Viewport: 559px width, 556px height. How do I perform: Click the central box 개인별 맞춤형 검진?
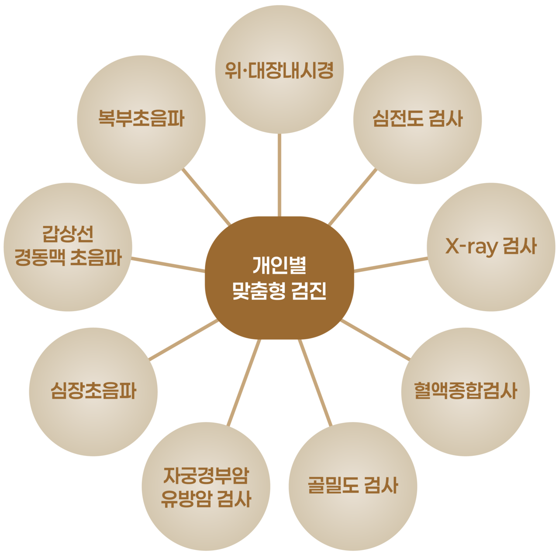279,278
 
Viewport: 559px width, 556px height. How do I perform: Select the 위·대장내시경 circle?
279,70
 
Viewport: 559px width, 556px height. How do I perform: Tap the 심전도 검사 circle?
418,119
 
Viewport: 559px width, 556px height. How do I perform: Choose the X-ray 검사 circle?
491,247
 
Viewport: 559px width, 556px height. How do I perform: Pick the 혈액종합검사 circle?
466,391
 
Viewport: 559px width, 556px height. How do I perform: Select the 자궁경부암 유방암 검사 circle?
206,486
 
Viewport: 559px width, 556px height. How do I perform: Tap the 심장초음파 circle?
93,391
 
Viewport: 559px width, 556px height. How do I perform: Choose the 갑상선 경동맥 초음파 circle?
68,247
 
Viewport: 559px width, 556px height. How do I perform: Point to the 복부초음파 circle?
141,119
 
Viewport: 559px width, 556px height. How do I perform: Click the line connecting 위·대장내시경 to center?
279,175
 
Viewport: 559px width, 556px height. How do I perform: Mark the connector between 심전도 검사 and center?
353,197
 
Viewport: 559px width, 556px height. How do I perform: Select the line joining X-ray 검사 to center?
391,265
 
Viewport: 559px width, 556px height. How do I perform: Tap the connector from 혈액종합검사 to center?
375,340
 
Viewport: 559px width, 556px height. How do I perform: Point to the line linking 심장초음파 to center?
184,340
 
